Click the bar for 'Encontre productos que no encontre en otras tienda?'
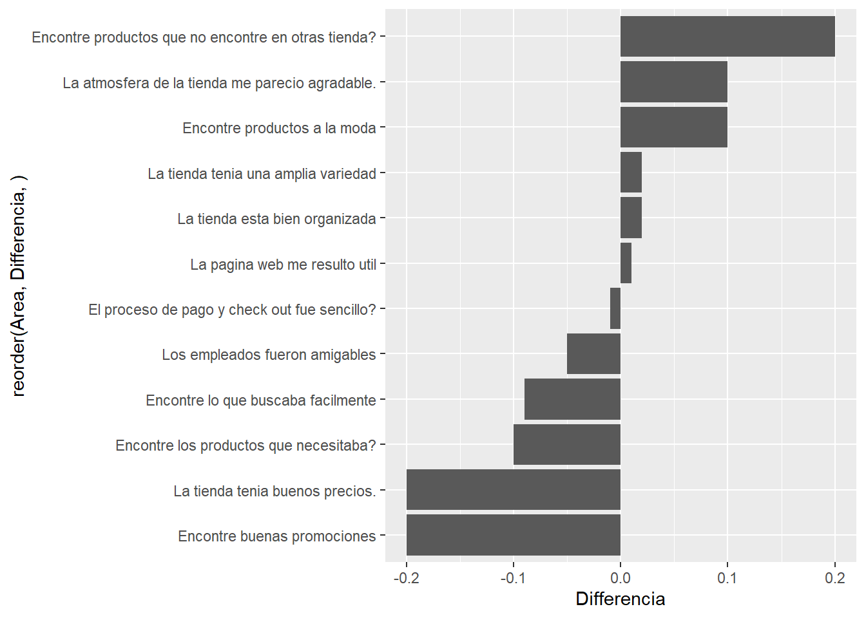point(727,37)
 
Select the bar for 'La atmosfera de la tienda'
point(674,82)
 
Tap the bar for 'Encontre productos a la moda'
point(674,127)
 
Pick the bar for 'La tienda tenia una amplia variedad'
point(631,173)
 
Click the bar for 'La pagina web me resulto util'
point(626,263)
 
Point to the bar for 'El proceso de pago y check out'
point(615,308)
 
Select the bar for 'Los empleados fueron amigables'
point(593,354)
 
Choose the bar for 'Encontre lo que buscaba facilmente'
point(572,399)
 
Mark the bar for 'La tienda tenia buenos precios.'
point(513,490)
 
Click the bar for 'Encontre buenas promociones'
point(513,535)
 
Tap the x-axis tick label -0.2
point(406,578)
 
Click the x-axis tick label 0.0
point(621,578)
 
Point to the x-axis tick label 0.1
point(727,578)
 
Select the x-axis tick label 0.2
point(834,578)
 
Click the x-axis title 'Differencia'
point(620,599)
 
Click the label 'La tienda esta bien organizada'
point(276,219)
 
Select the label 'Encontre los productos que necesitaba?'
point(245,445)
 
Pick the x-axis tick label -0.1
point(513,578)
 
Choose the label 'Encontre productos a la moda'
point(279,128)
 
